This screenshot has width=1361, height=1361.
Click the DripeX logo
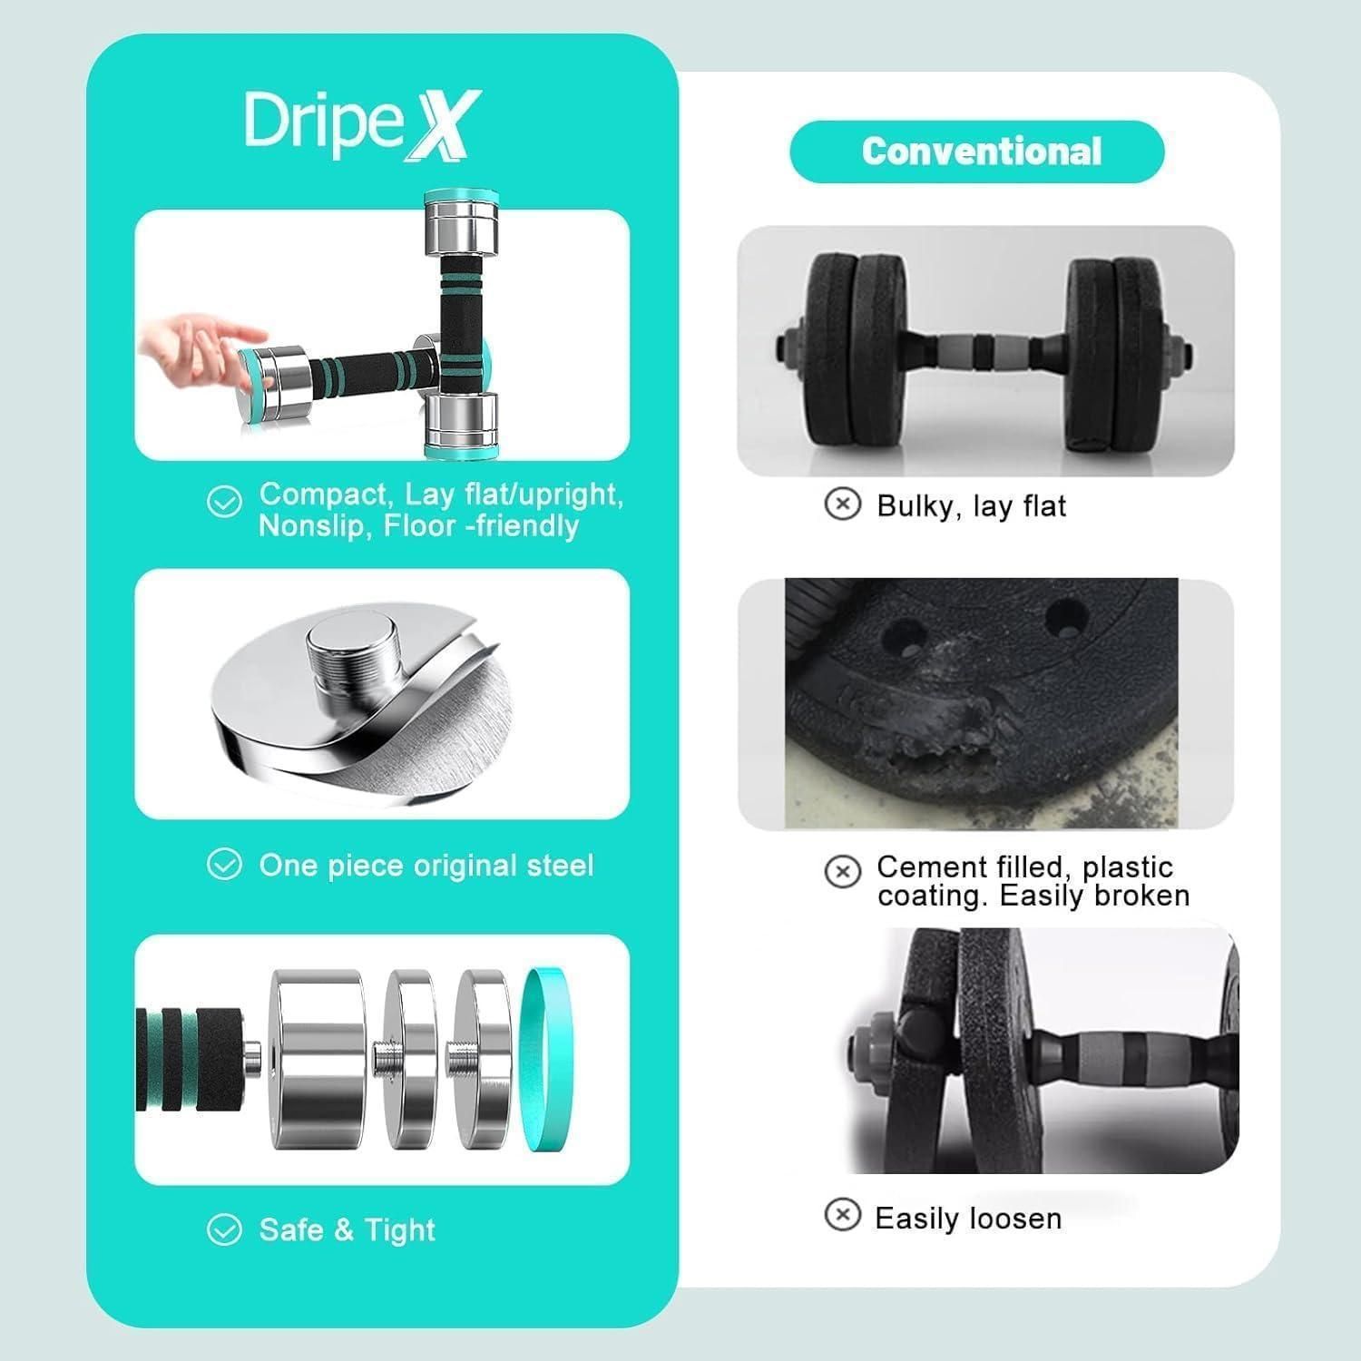point(362,126)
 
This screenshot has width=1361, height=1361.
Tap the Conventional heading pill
point(977,152)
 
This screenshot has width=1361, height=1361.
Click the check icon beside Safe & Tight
point(224,1230)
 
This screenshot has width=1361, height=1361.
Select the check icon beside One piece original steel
point(224,865)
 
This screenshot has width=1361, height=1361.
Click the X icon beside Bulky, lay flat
point(842,504)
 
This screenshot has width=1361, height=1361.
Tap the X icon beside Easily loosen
point(842,1214)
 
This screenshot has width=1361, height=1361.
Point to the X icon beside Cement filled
point(842,871)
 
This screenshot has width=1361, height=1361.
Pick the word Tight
point(400,1230)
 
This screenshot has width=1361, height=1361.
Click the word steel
point(560,866)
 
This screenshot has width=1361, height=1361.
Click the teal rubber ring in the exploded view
point(548,1059)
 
